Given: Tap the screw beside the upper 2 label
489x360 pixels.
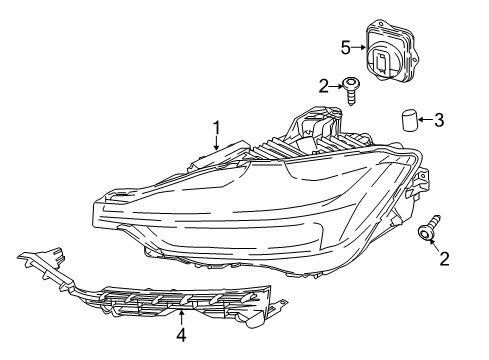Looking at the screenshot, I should click(x=352, y=89).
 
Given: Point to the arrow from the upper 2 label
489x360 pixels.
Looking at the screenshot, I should click(x=337, y=86).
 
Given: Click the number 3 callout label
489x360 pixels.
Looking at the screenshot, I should click(x=439, y=121).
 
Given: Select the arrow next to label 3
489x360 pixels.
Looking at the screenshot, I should click(x=424, y=121).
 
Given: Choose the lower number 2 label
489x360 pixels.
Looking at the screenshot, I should click(x=444, y=260).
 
